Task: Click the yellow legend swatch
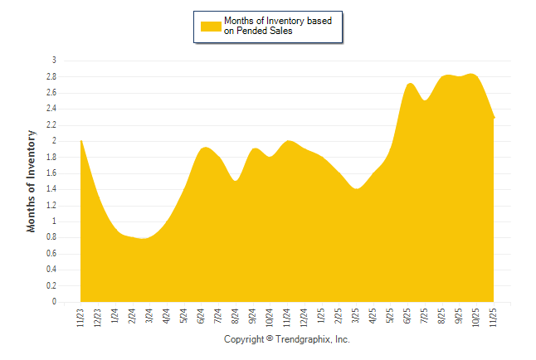(211, 26)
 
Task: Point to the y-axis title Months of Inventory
(32, 180)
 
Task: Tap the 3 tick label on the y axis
(54, 61)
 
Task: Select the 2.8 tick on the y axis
(51, 76)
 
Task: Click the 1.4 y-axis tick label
(51, 189)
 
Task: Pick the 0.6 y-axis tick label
(51, 254)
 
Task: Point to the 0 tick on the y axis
(54, 302)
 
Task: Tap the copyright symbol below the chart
(270, 340)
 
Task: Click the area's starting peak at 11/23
(81, 141)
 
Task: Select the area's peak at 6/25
(410, 84)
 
